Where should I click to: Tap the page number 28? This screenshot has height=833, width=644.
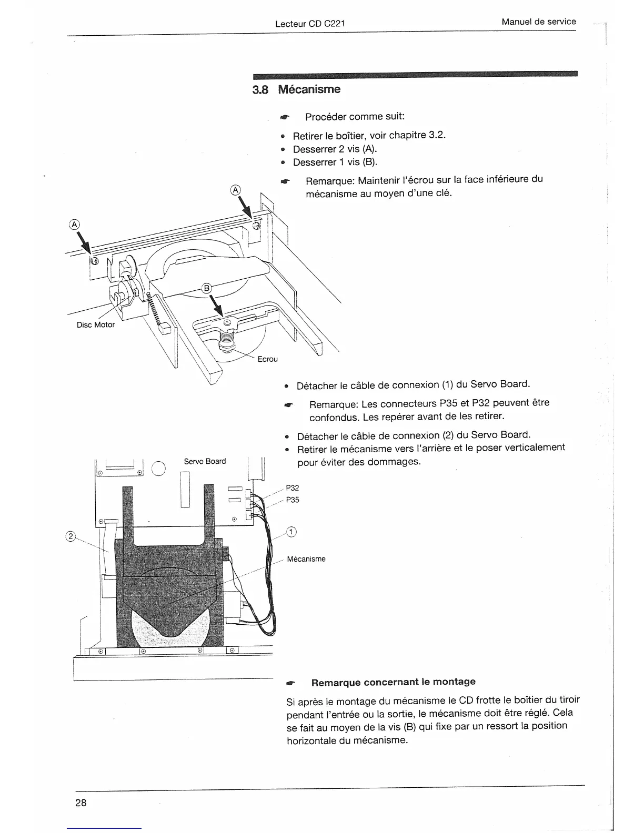coord(80,802)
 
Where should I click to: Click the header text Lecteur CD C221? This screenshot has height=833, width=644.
coord(310,24)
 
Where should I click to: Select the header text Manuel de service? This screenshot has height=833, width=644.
coord(539,22)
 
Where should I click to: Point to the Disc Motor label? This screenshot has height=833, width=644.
coord(96,324)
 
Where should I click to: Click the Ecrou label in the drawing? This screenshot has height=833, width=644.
coord(267,359)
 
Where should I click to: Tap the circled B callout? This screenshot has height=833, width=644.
coord(207,288)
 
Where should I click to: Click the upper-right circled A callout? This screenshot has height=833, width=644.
coord(236,189)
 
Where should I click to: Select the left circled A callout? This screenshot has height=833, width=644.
coord(74,224)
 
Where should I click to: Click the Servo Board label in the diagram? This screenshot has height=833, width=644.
coord(205,461)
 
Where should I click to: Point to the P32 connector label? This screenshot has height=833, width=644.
coord(293,488)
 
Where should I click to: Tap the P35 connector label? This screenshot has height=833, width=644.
coord(293,500)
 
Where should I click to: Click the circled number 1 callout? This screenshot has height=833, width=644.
coord(292,532)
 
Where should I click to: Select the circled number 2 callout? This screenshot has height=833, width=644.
coord(69,536)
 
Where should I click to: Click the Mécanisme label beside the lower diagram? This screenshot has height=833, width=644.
coord(306,559)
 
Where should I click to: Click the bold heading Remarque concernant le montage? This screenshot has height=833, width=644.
coord(393,682)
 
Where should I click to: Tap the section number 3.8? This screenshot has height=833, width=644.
coord(260,90)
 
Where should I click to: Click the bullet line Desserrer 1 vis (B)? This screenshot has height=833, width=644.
coord(335,162)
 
